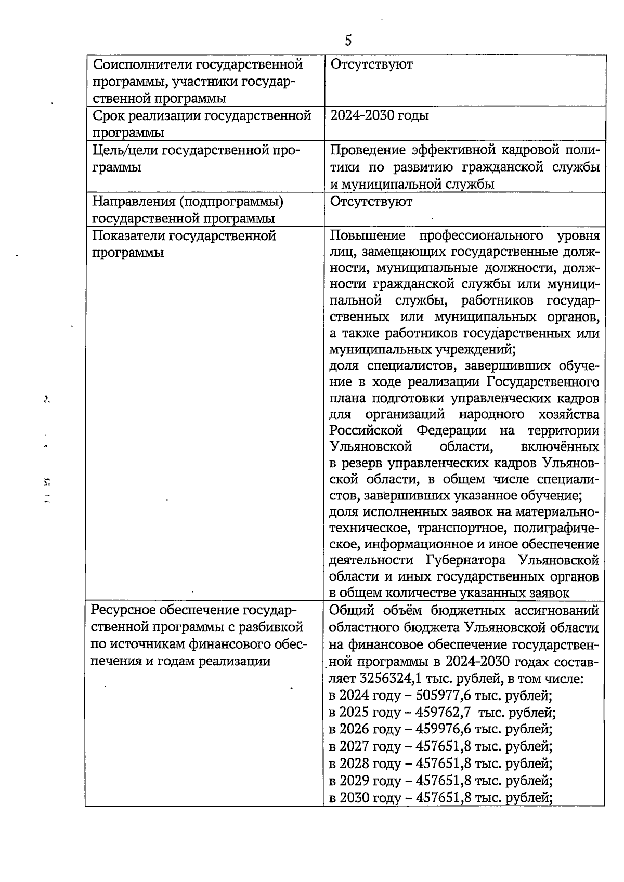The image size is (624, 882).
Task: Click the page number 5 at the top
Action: pyautogui.click(x=348, y=40)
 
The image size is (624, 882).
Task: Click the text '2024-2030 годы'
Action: pyautogui.click(x=380, y=115)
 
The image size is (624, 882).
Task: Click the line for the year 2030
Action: pyautogui.click(x=440, y=797)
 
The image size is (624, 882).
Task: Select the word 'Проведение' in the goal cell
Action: pyautogui.click(x=367, y=150)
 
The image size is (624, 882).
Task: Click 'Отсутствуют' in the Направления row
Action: pyautogui.click(x=371, y=202)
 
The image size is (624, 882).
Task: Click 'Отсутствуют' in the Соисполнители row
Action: pyautogui.click(x=371, y=64)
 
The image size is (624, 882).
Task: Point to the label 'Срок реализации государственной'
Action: pyautogui.click(x=201, y=115)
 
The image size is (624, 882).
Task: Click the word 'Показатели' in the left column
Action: pyautogui.click(x=128, y=236)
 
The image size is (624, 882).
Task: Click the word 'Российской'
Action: pyautogui.click(x=367, y=431)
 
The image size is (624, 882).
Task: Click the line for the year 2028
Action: pyautogui.click(x=440, y=763)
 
